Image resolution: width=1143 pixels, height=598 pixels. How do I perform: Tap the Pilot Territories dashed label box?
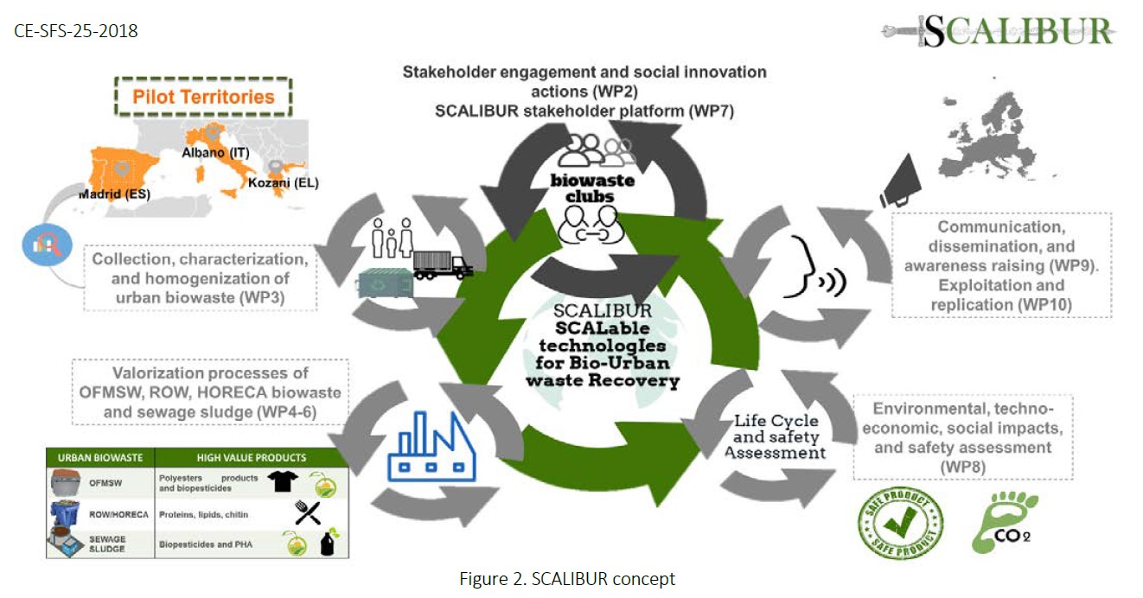(203, 96)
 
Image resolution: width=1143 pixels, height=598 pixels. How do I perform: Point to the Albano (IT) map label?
(217, 152)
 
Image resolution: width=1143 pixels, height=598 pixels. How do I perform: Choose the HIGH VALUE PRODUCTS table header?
(252, 458)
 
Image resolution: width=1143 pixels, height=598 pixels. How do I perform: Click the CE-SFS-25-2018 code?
(76, 31)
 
